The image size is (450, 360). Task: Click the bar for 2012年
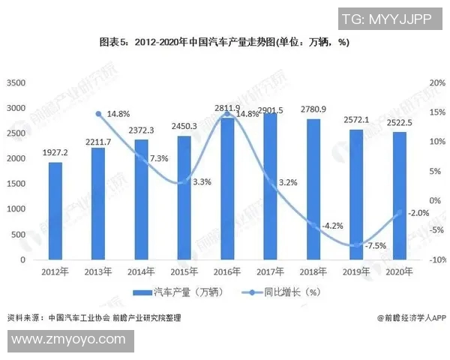(55, 211)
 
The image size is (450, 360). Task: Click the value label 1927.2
(55, 151)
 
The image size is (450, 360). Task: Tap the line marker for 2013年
(98, 114)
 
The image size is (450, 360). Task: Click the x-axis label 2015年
(183, 271)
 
